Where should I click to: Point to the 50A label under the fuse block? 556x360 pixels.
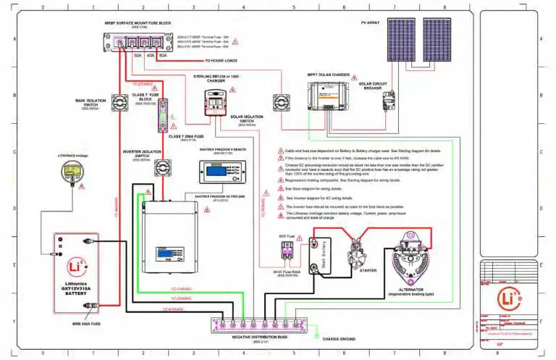[x=138, y=54]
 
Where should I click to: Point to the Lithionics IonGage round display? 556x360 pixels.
[x=71, y=172]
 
